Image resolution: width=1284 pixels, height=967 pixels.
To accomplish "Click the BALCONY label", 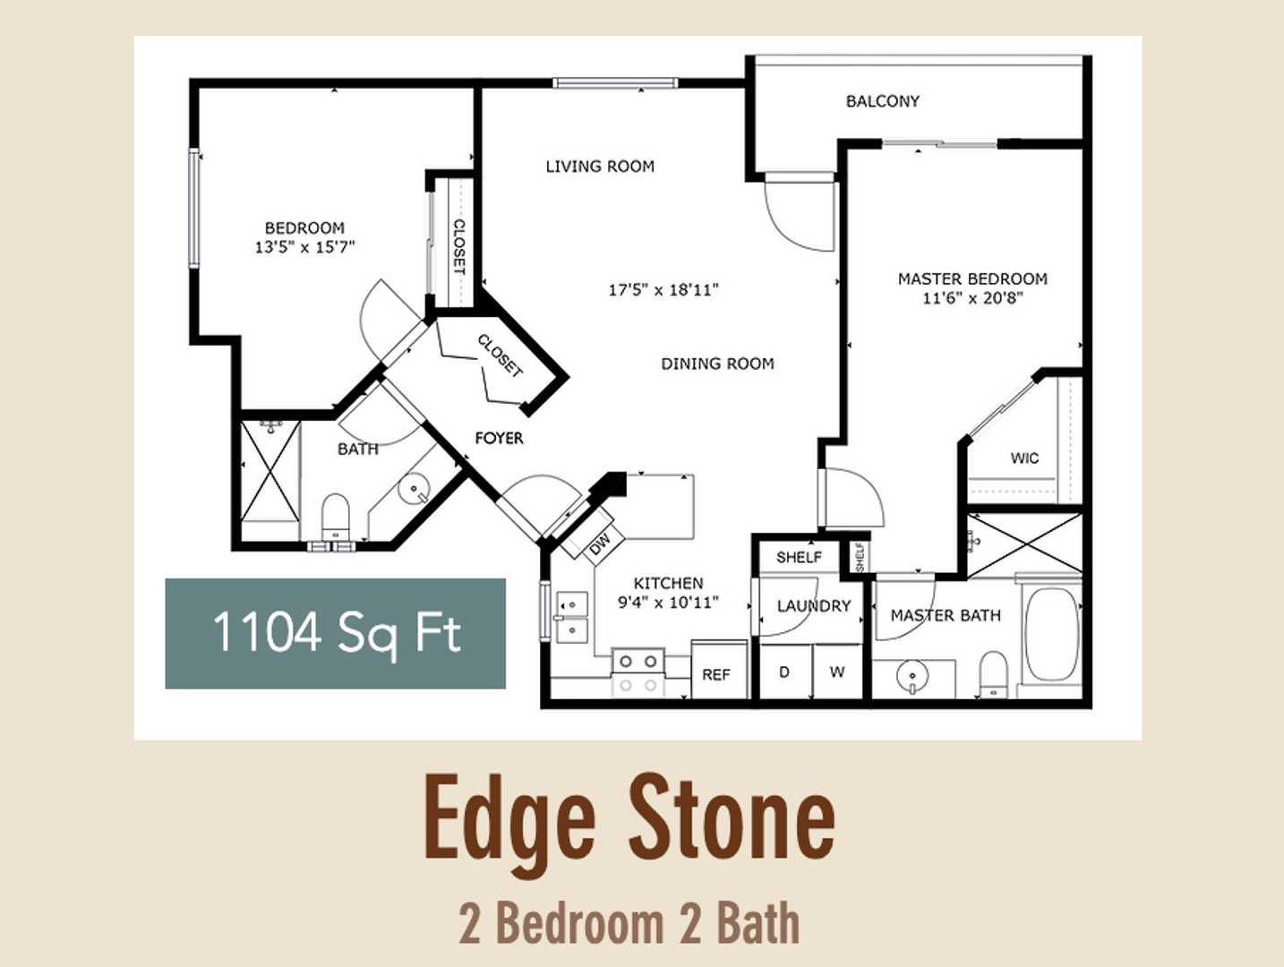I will (882, 101).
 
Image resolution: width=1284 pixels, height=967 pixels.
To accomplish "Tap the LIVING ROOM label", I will (600, 167).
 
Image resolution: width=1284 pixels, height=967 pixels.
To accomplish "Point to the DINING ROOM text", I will (717, 364).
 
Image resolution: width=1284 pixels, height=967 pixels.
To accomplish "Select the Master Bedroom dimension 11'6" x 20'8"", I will (972, 298).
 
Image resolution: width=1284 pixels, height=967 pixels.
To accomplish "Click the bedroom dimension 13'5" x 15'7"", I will (304, 247).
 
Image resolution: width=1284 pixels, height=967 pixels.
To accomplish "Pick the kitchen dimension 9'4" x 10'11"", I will (668, 603).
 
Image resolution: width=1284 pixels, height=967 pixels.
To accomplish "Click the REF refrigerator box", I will (716, 673).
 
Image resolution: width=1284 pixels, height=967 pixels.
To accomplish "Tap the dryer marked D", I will (784, 672).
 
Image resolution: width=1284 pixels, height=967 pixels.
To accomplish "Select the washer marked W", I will (837, 672).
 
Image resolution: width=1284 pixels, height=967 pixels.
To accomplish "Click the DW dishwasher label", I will (600, 542).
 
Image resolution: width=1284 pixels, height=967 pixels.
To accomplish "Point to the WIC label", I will (1024, 458).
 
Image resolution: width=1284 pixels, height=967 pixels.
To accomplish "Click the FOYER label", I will (499, 438).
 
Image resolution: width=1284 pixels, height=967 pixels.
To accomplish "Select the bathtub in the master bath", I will (1051, 633).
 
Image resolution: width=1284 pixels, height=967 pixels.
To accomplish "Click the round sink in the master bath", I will (912, 676).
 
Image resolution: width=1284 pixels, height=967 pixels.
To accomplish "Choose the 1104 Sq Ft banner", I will (335, 633).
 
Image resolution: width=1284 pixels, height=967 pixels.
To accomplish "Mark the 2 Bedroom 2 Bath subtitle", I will (629, 923).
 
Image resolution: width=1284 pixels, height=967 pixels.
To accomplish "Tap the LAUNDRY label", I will (813, 606).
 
